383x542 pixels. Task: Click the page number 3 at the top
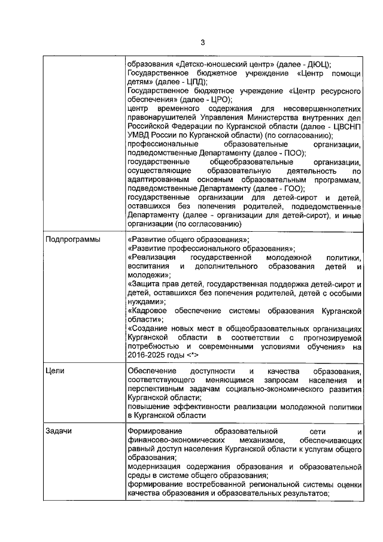click(202, 42)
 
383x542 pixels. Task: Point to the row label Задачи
click(60, 431)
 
